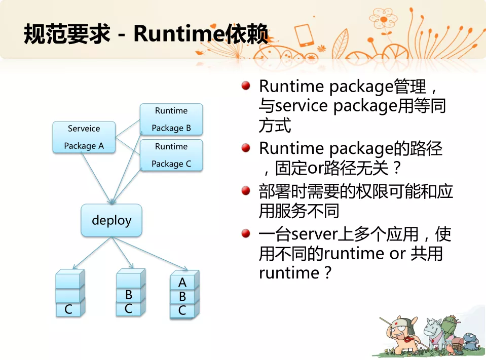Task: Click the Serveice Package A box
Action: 84,137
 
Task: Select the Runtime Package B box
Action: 171,119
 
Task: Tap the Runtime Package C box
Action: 171,155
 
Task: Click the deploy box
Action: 111,220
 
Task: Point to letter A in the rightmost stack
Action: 182,283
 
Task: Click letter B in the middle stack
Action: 129,295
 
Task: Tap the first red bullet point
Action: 246,86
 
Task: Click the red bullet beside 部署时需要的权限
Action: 246,190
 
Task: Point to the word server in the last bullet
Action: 314,234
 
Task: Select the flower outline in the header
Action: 384,20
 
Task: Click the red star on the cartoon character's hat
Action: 396,324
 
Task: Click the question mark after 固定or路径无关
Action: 397,168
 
